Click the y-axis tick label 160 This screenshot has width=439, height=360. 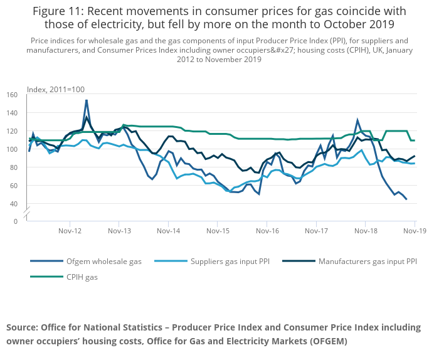(12, 95)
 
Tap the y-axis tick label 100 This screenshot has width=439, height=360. (12, 149)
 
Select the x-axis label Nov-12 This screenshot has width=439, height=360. (70, 231)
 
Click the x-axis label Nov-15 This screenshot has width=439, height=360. (217, 231)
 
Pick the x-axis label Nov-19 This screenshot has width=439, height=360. (415, 231)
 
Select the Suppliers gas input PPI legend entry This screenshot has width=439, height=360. (230, 261)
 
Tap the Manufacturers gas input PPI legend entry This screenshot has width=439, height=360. (368, 261)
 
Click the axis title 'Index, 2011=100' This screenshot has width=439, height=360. (56, 90)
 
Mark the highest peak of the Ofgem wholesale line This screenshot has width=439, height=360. (86, 100)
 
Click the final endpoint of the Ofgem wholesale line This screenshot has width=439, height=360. (406, 199)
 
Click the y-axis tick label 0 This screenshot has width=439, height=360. (16, 221)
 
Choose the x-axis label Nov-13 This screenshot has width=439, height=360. (119, 231)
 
